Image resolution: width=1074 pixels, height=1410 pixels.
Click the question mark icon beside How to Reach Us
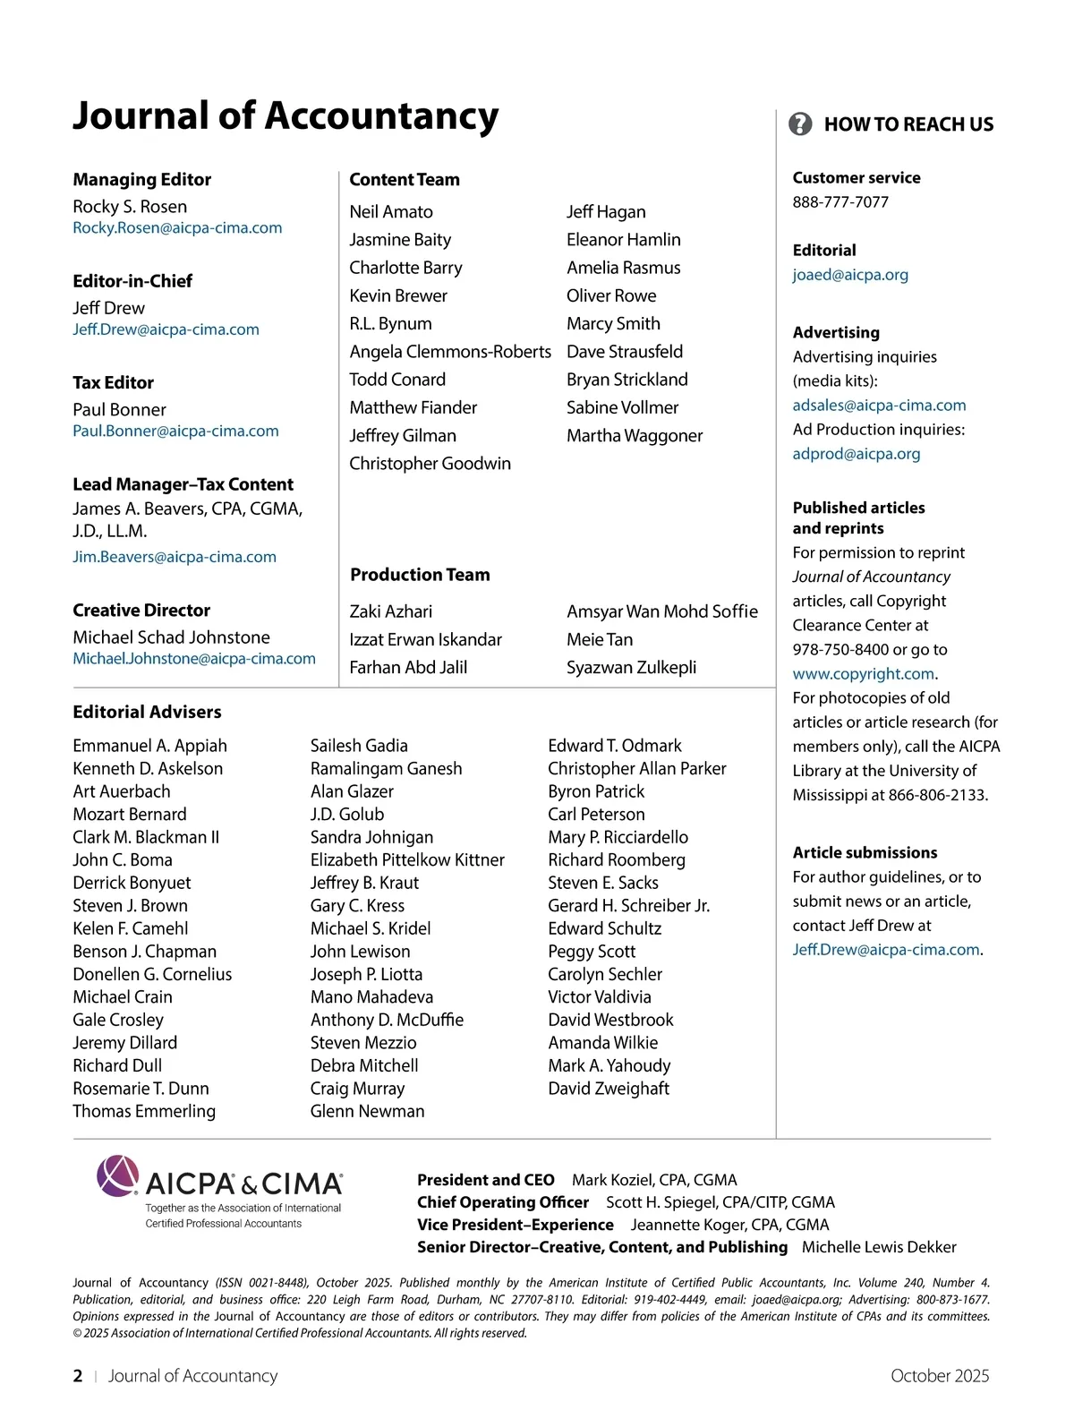800,124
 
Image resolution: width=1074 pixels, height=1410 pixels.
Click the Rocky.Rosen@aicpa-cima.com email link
177,228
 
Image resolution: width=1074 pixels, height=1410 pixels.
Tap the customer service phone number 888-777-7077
840,202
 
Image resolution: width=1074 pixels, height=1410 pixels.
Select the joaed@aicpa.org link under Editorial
850,275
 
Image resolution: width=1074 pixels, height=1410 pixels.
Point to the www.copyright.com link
863,673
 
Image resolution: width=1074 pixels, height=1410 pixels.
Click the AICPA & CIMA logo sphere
118,1175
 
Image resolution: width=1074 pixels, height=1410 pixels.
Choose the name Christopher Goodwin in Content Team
430,464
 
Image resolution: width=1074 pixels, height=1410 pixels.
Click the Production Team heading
420,575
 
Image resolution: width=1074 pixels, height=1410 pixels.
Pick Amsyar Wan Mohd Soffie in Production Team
662,611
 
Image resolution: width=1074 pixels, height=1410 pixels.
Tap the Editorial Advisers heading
147,712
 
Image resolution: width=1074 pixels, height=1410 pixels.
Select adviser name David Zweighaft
609,1089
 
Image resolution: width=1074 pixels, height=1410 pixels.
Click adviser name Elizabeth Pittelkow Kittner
407,860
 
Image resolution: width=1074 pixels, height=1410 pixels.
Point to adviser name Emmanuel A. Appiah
149,746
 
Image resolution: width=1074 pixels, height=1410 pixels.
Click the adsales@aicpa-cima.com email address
879,406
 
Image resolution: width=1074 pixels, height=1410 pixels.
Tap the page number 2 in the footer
78,1376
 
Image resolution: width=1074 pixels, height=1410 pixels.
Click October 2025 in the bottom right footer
940,1376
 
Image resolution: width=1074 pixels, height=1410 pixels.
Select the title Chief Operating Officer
503,1202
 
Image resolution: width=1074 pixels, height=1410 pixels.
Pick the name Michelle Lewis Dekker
879,1247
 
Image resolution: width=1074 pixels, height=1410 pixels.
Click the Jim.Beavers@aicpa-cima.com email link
175,557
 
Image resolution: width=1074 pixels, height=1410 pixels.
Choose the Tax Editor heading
113,383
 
